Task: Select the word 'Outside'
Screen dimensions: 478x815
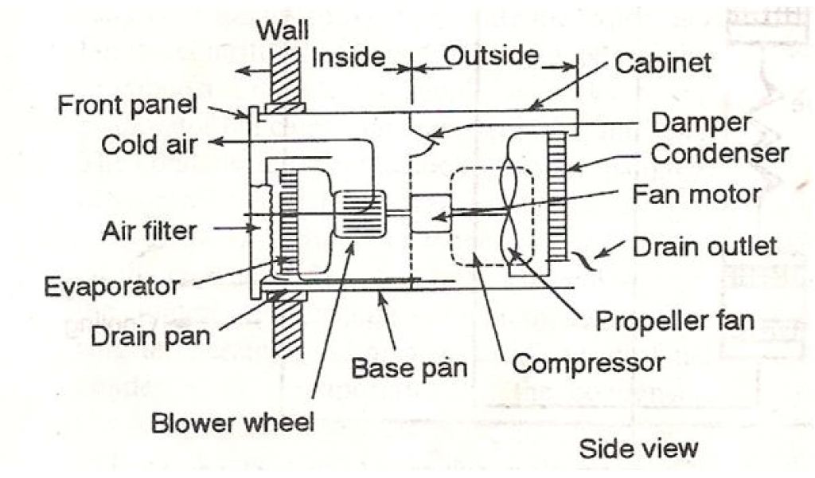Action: [x=490, y=55]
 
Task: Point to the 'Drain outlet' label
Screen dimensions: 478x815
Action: [x=704, y=245]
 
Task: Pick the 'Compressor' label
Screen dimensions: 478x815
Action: [x=587, y=363]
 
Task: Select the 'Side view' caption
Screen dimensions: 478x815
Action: [x=638, y=447]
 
